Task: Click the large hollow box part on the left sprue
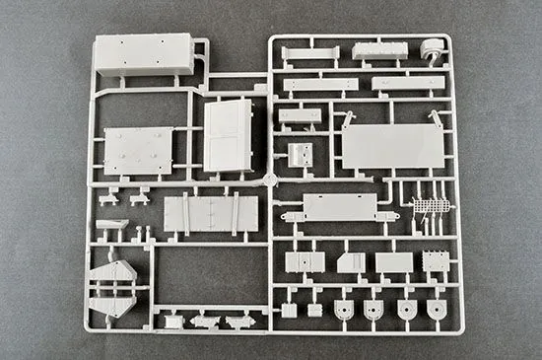[143, 56]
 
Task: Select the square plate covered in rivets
[139, 151]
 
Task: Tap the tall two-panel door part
[228, 134]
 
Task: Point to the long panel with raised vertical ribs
[211, 214]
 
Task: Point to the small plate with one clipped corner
[350, 262]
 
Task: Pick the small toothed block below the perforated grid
[436, 262]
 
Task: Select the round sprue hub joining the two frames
[270, 181]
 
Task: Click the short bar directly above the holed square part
[298, 116]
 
